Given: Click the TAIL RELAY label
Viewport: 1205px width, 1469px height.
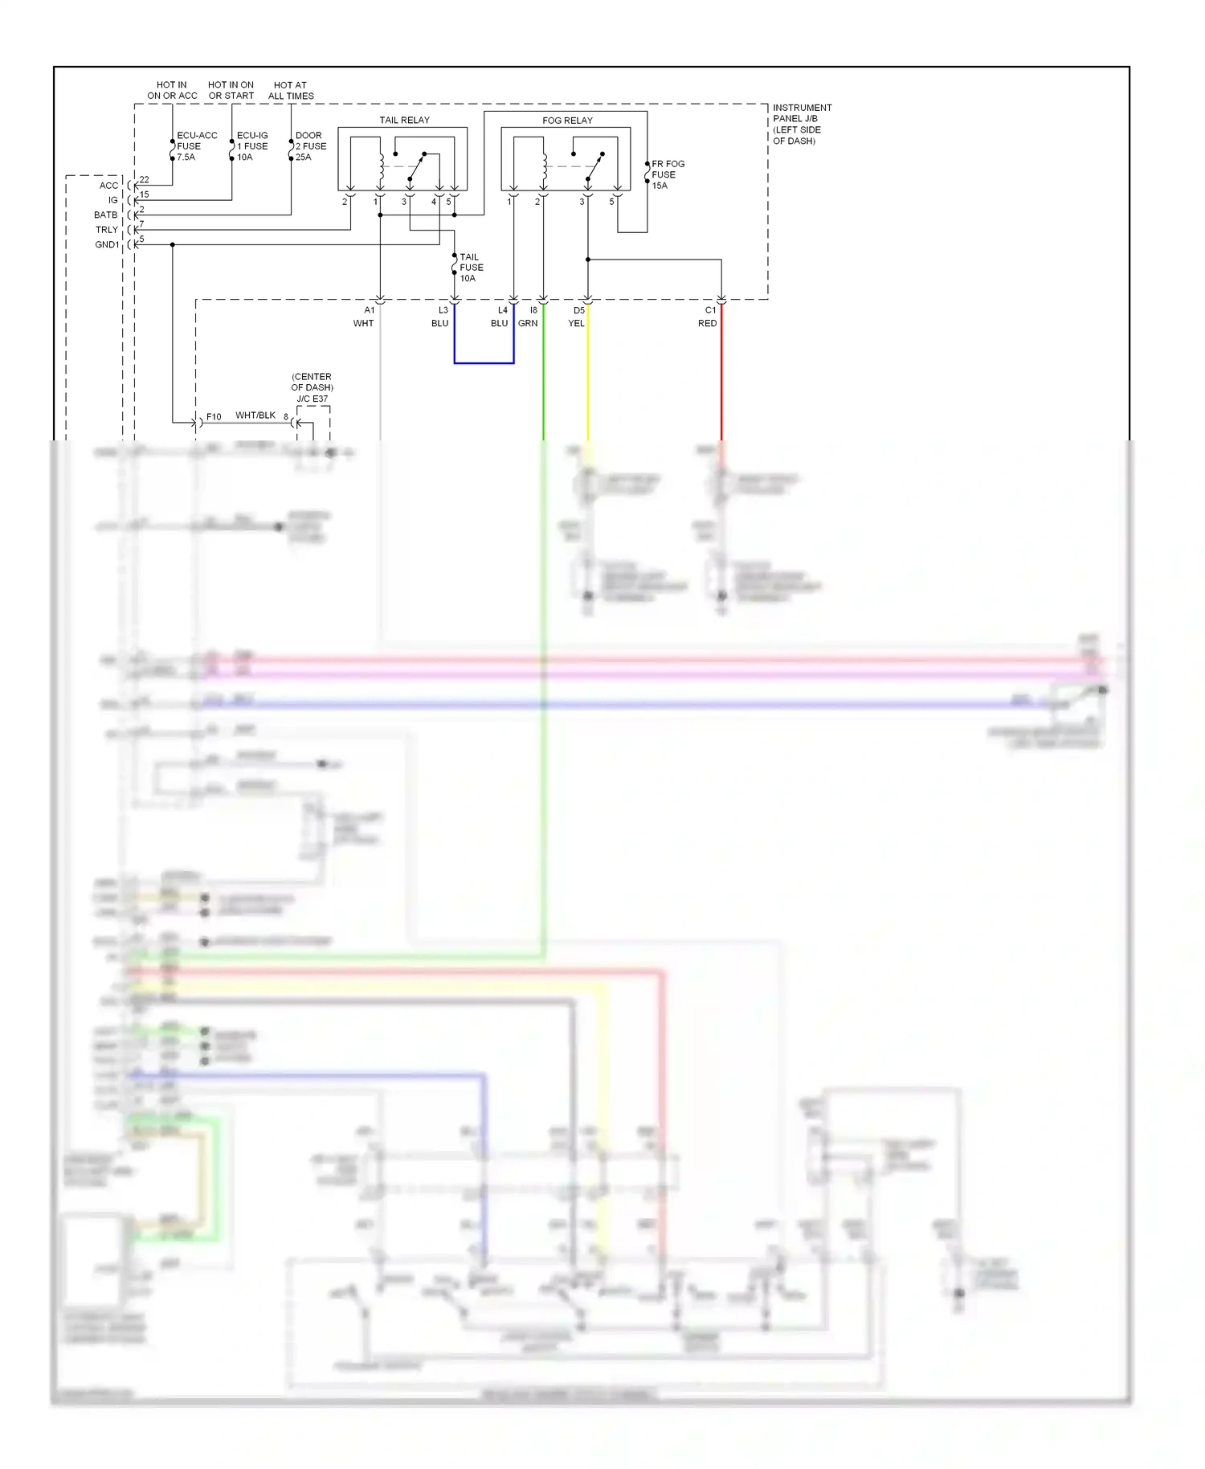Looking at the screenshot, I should tap(404, 120).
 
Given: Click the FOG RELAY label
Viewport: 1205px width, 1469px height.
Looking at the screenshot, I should tap(567, 120).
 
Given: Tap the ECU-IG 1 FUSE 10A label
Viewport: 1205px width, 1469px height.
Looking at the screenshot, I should tap(252, 146).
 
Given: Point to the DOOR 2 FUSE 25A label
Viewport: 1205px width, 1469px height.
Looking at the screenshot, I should tap(310, 146).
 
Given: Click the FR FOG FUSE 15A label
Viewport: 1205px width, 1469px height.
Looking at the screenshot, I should tap(667, 174).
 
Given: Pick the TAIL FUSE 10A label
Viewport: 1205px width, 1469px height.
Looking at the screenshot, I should tap(471, 268).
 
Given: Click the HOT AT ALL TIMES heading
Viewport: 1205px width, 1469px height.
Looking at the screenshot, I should tap(291, 90).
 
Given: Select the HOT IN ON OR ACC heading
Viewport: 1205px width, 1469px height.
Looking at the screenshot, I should tap(172, 90).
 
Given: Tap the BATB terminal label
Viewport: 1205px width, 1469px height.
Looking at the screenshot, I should tap(105, 215).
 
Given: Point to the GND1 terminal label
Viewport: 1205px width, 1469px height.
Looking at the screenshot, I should tap(107, 244).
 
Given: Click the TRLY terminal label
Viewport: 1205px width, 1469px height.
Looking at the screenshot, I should tap(107, 230).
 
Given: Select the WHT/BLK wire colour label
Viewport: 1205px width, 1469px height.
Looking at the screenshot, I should tap(255, 415).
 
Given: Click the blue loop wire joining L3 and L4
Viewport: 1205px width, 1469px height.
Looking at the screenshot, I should tap(484, 363).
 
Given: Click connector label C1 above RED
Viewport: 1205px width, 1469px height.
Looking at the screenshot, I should tap(710, 310).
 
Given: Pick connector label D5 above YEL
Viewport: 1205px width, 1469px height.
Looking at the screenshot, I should tap(578, 310).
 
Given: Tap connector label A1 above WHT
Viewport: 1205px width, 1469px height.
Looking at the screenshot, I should tap(369, 310).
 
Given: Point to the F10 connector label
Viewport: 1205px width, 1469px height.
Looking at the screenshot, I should tap(214, 417).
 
